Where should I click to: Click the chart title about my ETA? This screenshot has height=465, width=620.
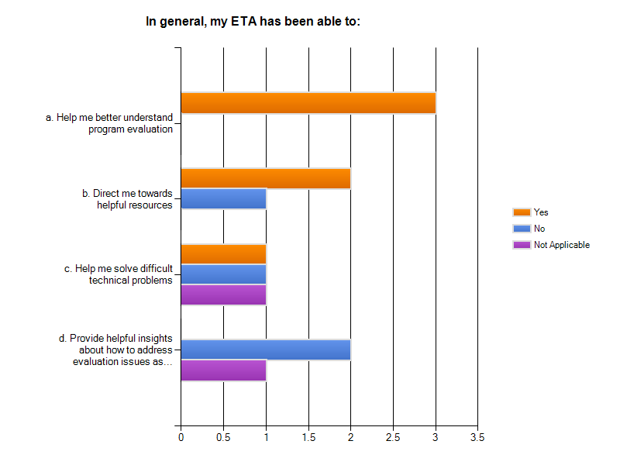[x=253, y=22]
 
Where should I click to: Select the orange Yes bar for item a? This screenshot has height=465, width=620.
[x=308, y=103]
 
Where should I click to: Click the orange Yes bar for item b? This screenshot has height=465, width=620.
[x=265, y=178]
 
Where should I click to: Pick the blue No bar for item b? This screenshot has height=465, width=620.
[x=223, y=198]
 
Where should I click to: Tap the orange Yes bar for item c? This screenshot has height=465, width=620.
[x=223, y=253]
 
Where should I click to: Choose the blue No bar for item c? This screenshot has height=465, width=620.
[x=223, y=274]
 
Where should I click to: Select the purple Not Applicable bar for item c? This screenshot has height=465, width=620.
[x=223, y=294]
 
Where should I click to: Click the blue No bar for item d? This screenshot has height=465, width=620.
[x=265, y=350]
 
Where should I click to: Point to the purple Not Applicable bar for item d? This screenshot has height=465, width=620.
[x=223, y=370]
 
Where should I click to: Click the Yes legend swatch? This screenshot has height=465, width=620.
[x=521, y=212]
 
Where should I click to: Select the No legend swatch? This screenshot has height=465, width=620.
[x=521, y=229]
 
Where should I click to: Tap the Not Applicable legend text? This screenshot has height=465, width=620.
[x=562, y=245]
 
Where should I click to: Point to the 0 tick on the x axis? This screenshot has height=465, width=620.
[x=181, y=438]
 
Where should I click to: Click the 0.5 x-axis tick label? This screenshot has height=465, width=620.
[x=223, y=438]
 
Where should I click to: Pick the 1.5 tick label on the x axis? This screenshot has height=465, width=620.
[x=308, y=438]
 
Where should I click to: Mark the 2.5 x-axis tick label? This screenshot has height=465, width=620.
[x=393, y=438]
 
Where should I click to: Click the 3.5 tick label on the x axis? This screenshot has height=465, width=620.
[x=477, y=438]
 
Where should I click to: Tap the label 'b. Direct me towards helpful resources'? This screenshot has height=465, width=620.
[x=127, y=199]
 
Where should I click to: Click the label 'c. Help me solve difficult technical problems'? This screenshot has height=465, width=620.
[x=118, y=274]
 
